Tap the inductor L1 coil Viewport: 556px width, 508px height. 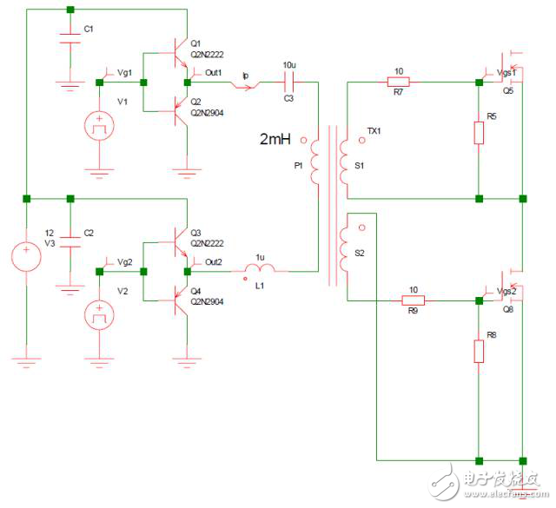[260, 271]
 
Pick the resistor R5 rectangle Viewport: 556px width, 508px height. [479, 132]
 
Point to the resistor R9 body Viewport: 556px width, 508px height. [413, 301]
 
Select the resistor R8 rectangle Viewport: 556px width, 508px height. [479, 351]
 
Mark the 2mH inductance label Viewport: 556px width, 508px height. [277, 138]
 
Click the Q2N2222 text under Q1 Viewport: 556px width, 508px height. [207, 54]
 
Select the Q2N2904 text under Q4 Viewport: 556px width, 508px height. [207, 302]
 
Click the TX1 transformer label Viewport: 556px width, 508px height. [375, 130]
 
